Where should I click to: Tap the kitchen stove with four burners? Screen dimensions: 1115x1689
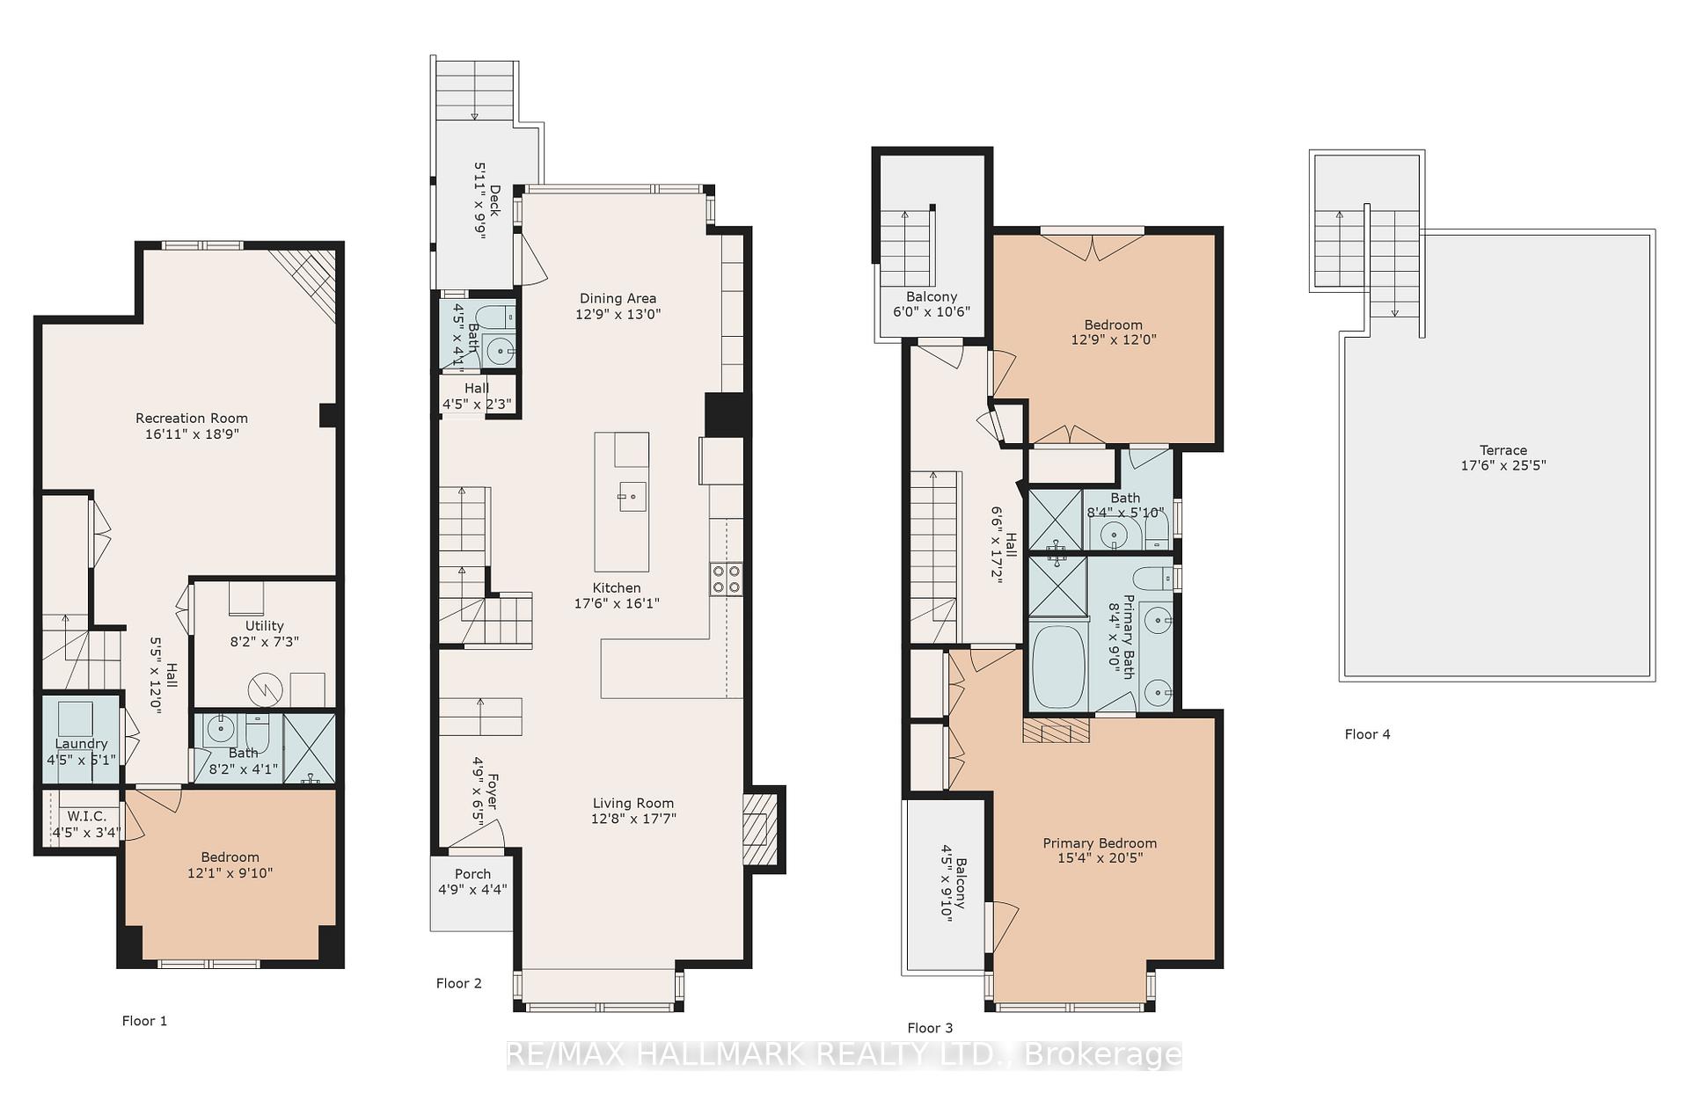click(726, 579)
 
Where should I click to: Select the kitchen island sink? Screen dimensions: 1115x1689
click(632, 497)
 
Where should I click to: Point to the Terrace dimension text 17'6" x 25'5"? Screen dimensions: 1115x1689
click(1503, 465)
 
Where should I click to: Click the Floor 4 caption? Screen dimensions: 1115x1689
click(1367, 734)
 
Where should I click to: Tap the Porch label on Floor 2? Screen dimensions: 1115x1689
click(472, 874)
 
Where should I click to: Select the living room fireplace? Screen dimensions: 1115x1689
click(756, 829)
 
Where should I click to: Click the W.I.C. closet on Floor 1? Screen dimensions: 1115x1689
click(86, 818)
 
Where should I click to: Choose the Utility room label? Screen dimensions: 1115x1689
click(264, 626)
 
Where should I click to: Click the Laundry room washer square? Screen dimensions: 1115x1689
click(76, 718)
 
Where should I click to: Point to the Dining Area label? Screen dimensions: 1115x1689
click(618, 299)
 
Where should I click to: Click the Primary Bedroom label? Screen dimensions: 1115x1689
click(1100, 843)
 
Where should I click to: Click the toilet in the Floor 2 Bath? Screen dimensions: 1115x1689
click(494, 317)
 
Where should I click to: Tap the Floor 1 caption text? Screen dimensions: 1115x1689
click(144, 1021)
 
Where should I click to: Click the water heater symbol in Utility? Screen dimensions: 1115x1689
click(264, 690)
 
